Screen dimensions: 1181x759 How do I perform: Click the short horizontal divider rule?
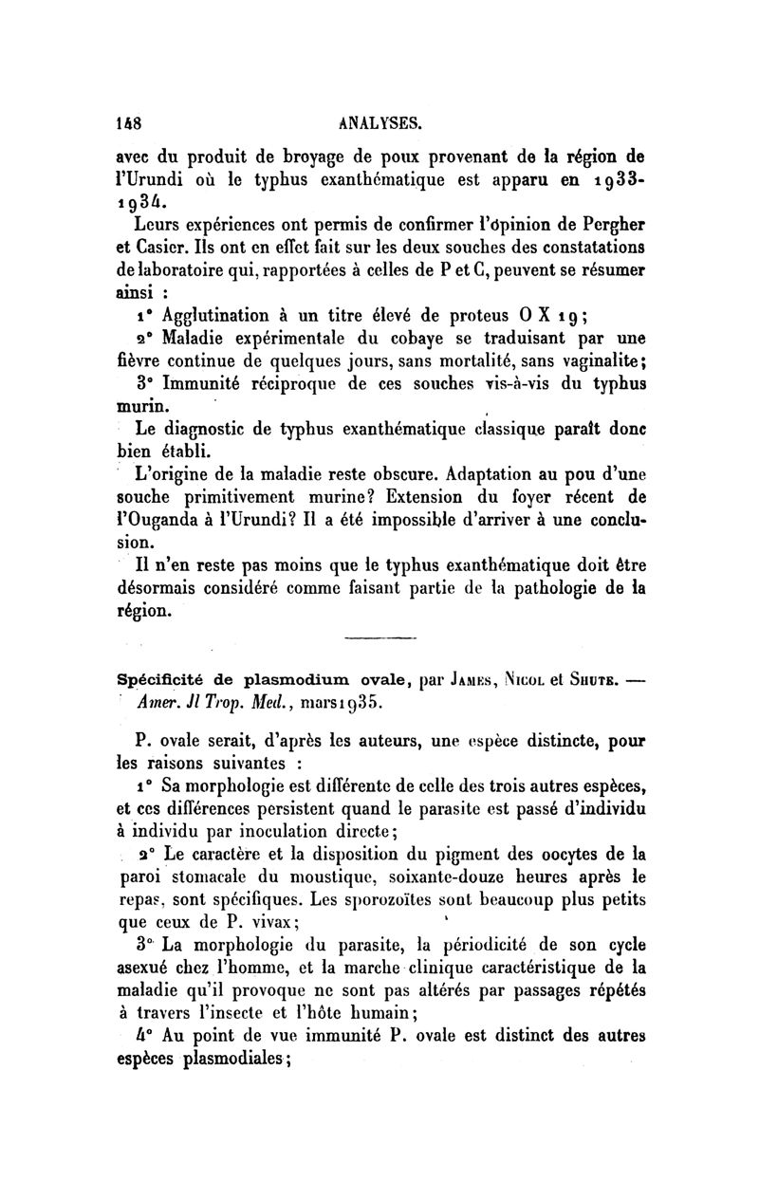(x=374, y=637)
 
